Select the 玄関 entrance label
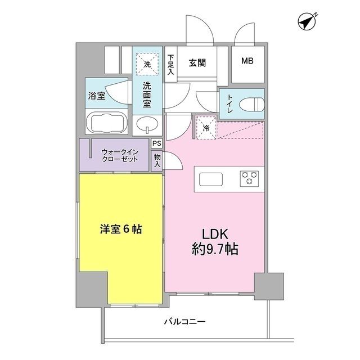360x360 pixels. (197, 62)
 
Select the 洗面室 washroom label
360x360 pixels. (147, 94)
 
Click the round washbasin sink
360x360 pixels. (148, 124)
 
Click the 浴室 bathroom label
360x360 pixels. (96, 96)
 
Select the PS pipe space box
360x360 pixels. (157, 144)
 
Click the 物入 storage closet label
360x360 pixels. (157, 161)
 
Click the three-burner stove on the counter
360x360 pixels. (249, 178)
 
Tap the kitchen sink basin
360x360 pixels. (211, 179)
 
